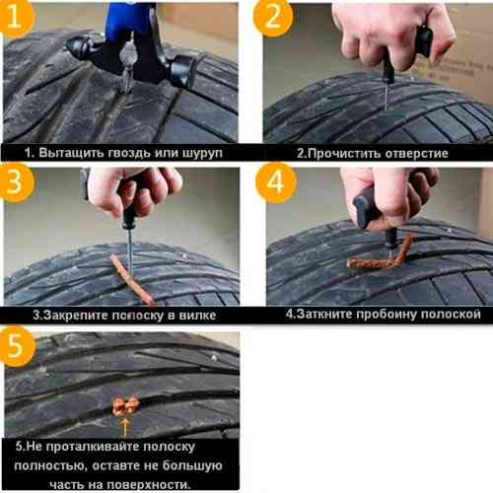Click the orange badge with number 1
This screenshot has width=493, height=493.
tap(16, 17)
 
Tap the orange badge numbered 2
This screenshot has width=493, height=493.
tap(273, 17)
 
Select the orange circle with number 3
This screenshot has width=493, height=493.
tap(16, 181)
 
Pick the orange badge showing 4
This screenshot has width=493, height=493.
tap(275, 181)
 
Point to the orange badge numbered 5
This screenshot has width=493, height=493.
tap(16, 346)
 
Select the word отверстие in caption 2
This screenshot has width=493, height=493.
tap(416, 154)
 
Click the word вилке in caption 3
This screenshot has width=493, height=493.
tap(197, 316)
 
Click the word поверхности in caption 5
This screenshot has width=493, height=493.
tap(149, 484)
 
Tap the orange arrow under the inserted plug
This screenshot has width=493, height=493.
tap(124, 427)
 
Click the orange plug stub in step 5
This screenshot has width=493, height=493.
tap(125, 406)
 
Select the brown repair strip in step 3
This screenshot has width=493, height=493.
tap(131, 279)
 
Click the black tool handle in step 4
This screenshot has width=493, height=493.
tap(368, 209)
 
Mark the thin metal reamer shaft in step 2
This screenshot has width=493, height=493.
tap(387, 96)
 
